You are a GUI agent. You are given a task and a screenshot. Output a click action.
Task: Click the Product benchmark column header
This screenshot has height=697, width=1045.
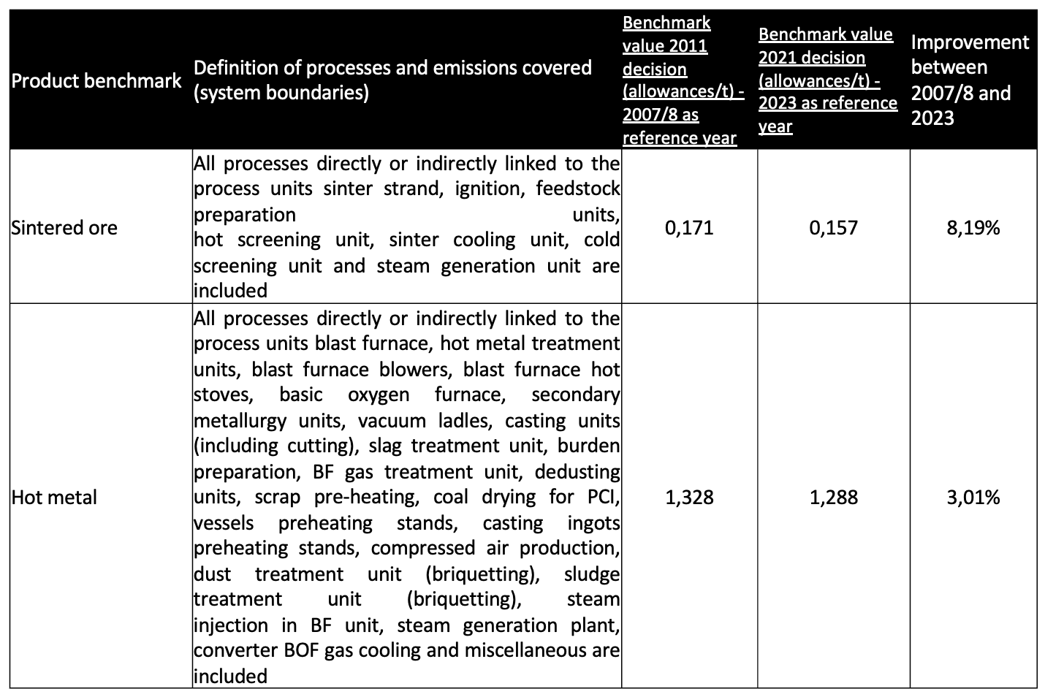(96, 80)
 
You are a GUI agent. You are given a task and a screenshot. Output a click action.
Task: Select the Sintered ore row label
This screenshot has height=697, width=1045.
(64, 228)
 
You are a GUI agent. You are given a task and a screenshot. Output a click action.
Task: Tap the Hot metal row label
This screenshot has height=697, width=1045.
(54, 498)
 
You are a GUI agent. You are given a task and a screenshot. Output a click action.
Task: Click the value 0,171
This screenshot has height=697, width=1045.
(689, 228)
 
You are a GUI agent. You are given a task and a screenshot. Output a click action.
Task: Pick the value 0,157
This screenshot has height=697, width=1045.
(833, 228)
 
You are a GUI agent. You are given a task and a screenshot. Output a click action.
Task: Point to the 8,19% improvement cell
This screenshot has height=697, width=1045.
(973, 228)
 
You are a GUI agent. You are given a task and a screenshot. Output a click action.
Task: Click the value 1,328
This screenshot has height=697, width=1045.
(689, 498)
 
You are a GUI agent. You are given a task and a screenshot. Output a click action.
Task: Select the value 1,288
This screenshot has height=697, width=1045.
(833, 498)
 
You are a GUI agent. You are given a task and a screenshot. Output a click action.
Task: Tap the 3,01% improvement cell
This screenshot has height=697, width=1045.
(973, 498)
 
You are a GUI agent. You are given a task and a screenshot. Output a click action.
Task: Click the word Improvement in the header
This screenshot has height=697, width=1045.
(970, 42)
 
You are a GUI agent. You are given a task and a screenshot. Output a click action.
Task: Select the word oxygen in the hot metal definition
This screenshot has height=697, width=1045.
(379, 395)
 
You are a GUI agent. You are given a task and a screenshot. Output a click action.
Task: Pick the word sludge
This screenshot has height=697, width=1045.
(591, 574)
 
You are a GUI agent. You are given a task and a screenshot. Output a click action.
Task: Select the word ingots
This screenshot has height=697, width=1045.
(593, 523)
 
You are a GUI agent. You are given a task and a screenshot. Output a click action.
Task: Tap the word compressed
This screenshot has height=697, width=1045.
(422, 549)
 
